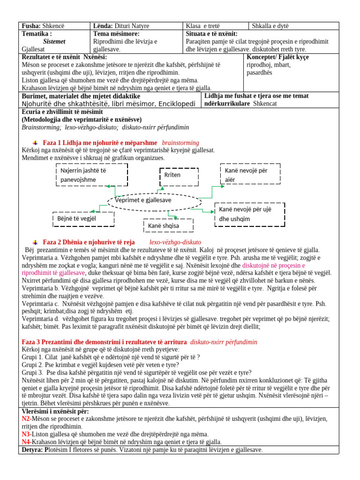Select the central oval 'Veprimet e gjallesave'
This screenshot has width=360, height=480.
(155, 200)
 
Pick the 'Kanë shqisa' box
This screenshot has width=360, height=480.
(167, 226)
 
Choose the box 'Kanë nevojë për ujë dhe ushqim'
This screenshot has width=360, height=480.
(249, 214)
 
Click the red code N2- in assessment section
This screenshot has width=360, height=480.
(27, 418)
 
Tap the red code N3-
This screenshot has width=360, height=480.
(27, 434)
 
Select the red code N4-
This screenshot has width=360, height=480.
(27, 442)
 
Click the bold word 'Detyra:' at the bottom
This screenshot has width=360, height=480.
(33, 450)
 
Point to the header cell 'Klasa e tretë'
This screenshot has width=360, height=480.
(203, 26)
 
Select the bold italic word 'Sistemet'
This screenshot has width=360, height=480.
(54, 41)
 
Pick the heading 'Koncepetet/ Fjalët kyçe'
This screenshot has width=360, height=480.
(277, 57)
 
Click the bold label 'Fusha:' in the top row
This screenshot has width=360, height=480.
(31, 26)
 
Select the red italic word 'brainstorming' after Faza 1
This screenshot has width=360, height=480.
(180, 142)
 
